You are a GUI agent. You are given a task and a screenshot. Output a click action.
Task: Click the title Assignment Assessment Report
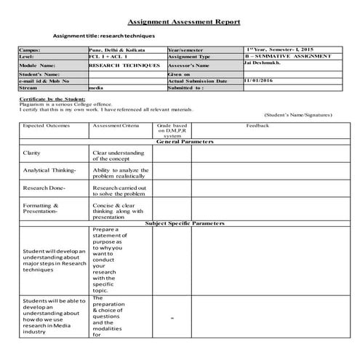tap(183, 23)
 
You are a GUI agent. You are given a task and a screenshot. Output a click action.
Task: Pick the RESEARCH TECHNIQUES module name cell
tap(124, 65)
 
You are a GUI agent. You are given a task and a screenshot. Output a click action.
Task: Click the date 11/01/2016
tap(260, 80)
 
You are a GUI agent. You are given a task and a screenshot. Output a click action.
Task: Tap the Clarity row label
tap(32, 153)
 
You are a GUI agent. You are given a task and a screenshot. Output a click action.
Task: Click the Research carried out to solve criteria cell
tap(119, 191)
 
